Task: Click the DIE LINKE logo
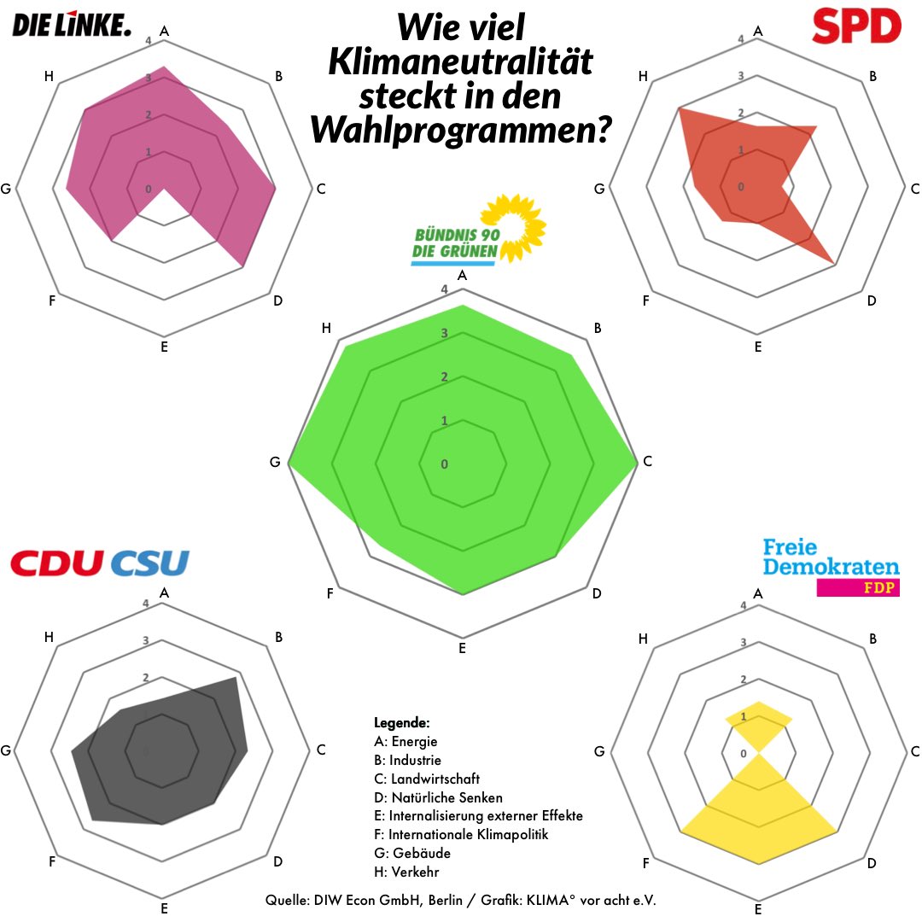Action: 72,26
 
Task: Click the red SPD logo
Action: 856,26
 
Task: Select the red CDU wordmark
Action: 58,563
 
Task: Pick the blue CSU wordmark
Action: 149,563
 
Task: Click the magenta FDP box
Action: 858,587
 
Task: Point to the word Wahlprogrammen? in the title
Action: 461,130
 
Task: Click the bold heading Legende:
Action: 401,722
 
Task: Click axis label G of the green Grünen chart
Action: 275,462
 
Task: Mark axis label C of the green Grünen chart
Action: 647,462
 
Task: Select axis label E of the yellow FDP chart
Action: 758,910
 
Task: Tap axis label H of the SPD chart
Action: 644,77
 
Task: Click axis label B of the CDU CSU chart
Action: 278,637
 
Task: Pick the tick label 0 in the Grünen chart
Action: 444,464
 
